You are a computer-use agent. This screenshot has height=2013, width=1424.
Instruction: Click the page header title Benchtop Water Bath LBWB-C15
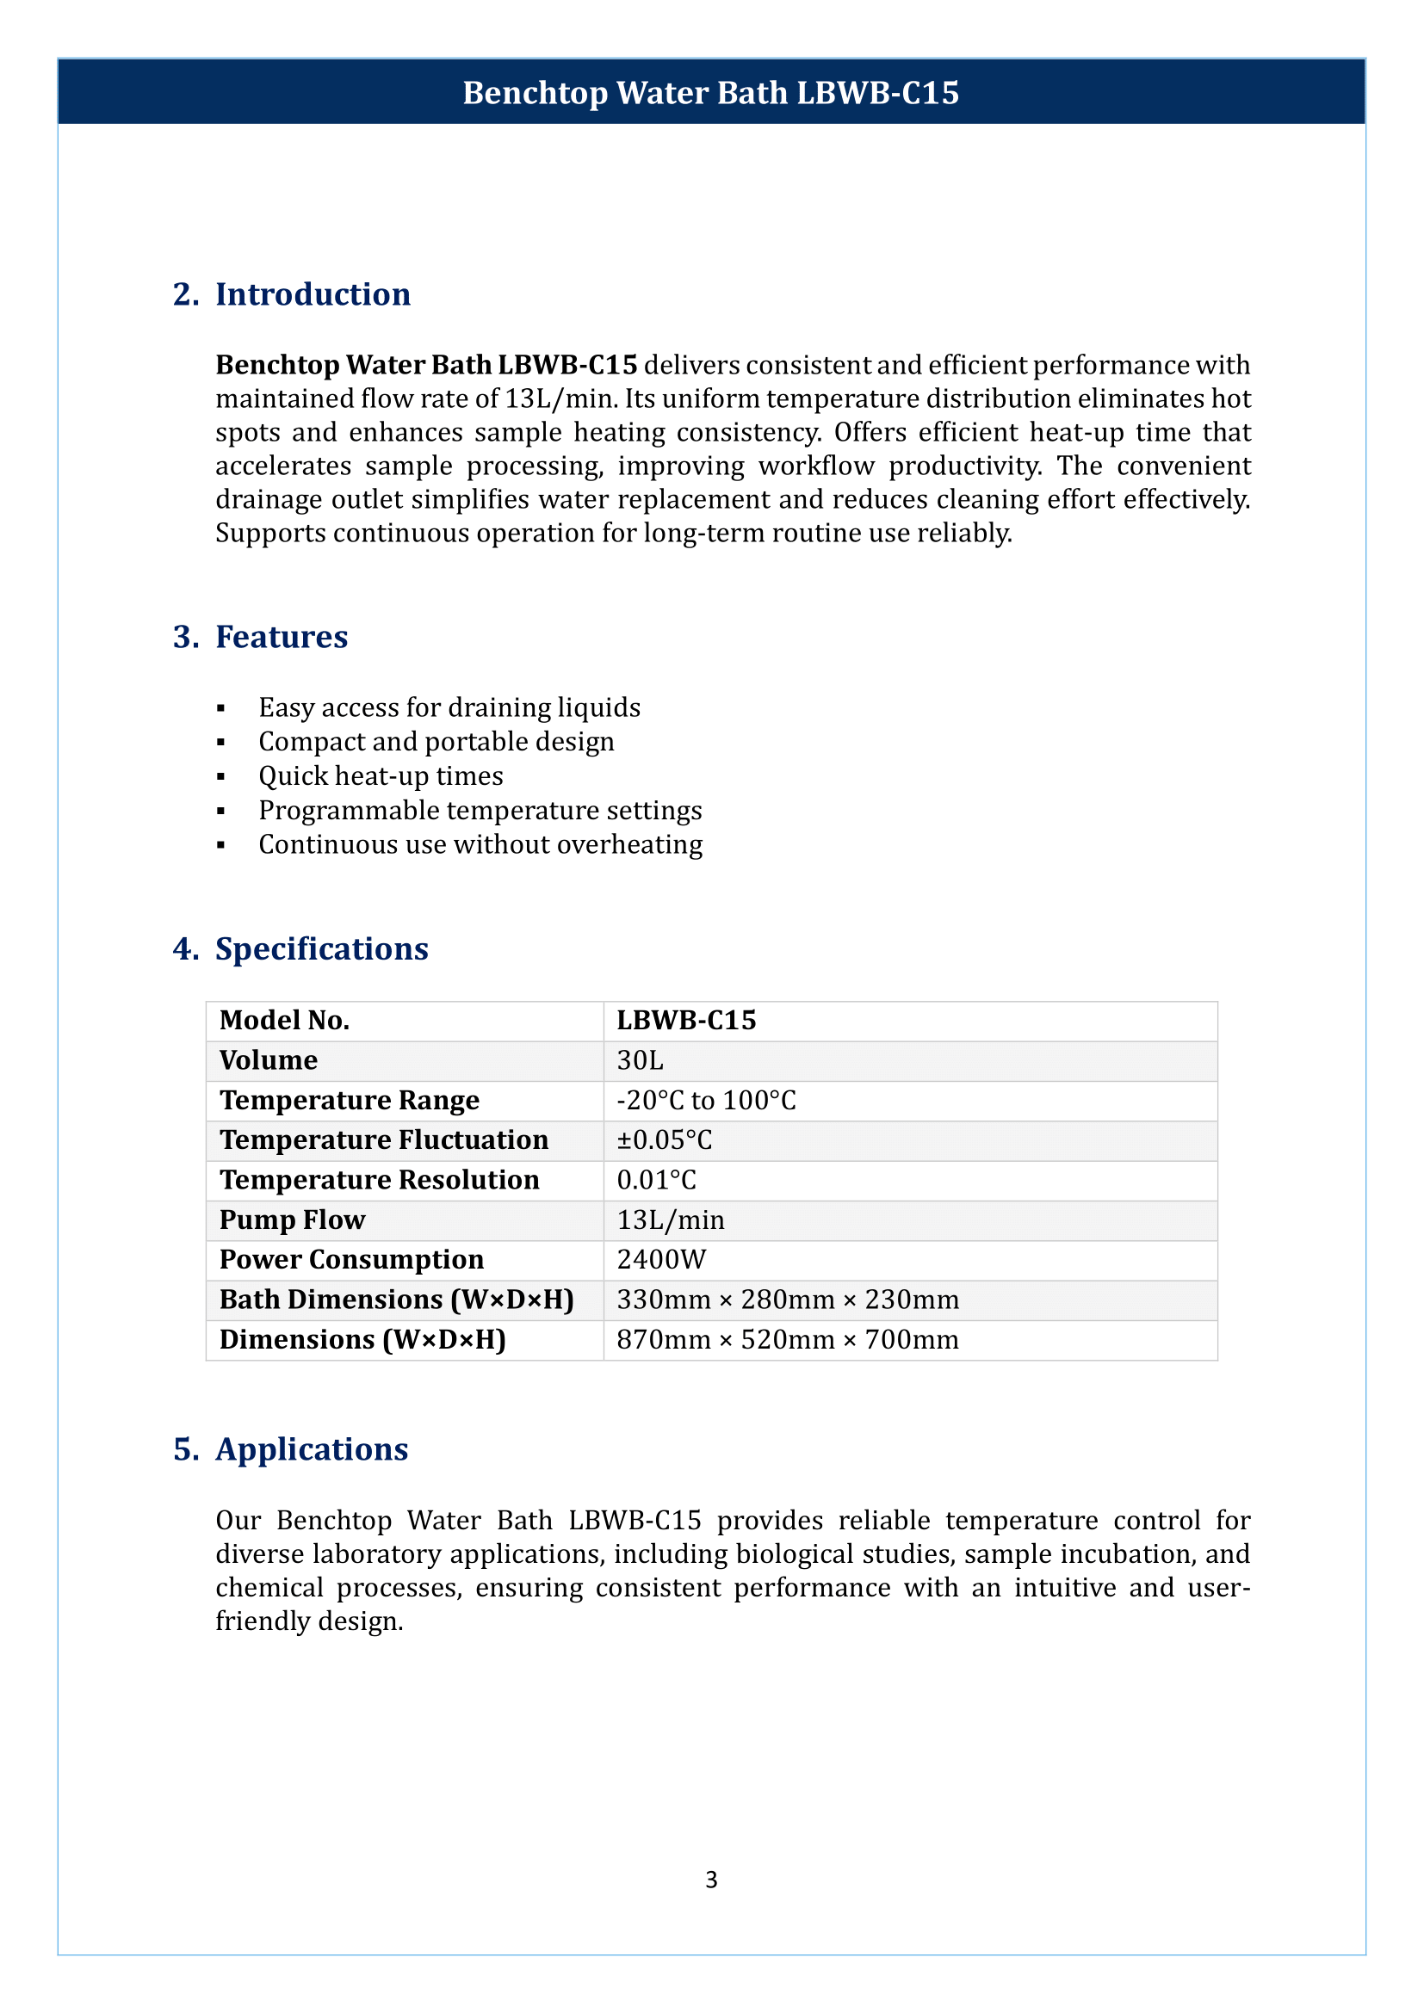pos(711,93)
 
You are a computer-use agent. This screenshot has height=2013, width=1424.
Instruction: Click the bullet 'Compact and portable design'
pos(436,742)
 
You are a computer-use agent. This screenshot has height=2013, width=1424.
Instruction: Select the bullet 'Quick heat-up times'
pos(381,776)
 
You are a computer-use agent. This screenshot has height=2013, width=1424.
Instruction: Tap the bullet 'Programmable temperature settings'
pos(480,810)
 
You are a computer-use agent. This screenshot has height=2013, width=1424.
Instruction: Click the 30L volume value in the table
pos(640,1060)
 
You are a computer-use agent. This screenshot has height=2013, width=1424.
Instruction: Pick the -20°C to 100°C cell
pos(706,1101)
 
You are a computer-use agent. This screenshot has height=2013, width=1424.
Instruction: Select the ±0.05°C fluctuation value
pos(664,1139)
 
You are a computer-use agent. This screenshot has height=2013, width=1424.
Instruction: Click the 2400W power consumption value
pos(661,1260)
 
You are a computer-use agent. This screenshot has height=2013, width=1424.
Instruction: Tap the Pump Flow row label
pos(292,1220)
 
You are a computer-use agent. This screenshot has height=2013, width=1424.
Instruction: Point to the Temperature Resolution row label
pos(379,1180)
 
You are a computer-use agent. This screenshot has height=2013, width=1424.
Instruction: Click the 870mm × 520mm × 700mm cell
pos(788,1340)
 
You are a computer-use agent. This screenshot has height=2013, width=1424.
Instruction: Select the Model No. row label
pos(284,1021)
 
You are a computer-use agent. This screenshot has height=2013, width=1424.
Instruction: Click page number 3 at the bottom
pos(711,1880)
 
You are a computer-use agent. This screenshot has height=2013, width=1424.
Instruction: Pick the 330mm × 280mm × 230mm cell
pos(788,1300)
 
